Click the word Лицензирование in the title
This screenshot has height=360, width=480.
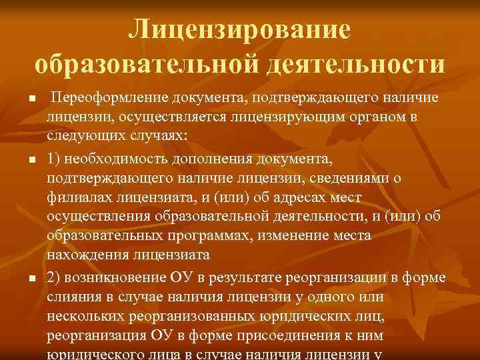(x=240, y=29)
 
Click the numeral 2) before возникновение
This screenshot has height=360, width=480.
(x=55, y=277)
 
